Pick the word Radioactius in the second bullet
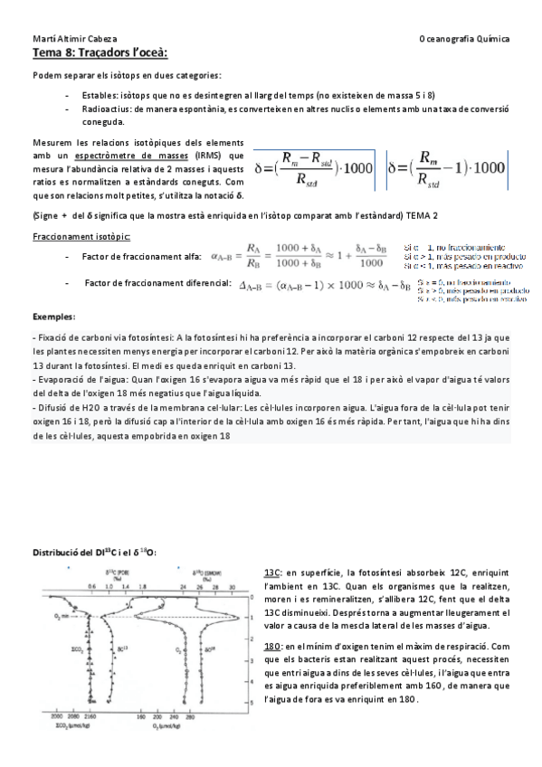[103, 108]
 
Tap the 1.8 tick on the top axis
[128, 586]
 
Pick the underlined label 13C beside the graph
[271, 573]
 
